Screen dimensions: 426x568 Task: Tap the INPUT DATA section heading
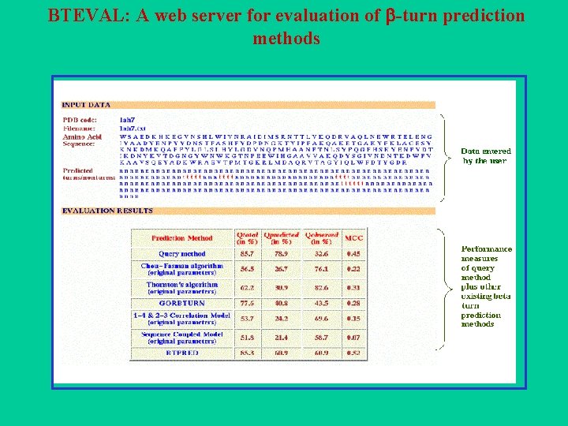86,104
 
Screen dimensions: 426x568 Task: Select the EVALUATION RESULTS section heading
107,211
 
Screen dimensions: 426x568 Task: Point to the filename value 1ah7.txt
133,127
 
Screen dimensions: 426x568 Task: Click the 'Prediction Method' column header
182,238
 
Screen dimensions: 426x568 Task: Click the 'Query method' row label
182,254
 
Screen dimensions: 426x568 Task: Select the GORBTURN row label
182,303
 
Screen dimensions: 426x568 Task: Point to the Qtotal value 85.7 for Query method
247,254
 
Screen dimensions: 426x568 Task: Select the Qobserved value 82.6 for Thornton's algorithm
321,287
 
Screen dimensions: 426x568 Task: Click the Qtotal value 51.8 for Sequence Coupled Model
247,338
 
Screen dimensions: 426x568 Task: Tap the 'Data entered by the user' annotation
486,155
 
